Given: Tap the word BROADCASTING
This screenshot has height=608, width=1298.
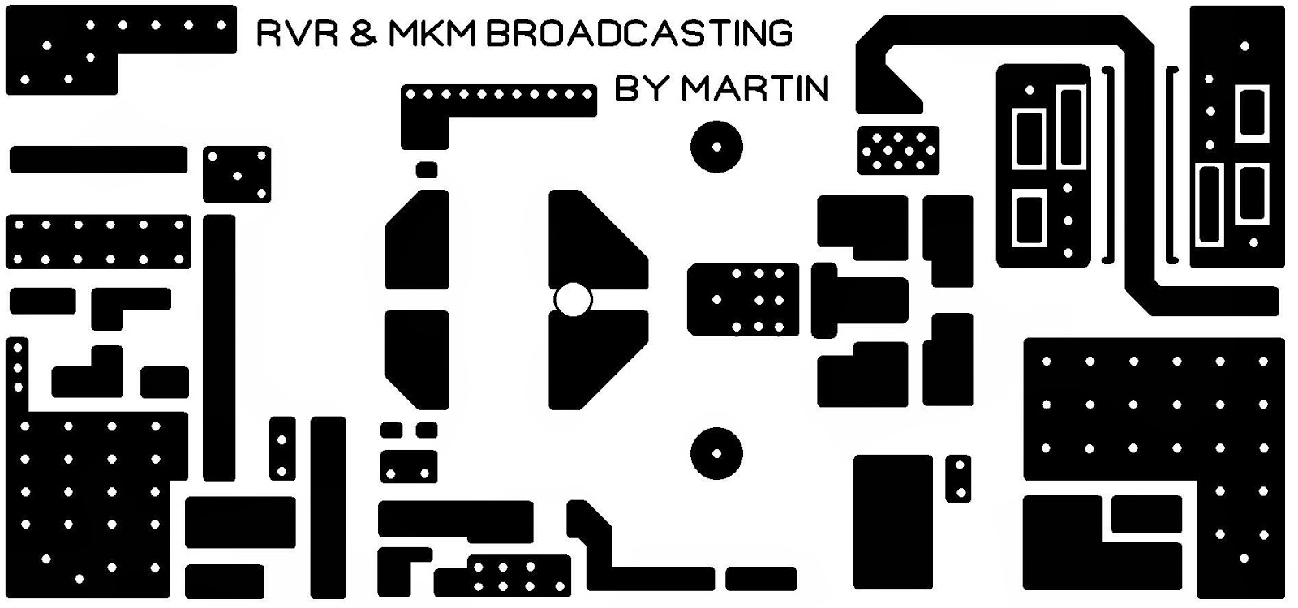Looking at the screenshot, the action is (640, 34).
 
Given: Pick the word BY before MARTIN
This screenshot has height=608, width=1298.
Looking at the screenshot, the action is (642, 88).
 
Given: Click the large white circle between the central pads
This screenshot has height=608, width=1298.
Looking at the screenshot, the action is (573, 300).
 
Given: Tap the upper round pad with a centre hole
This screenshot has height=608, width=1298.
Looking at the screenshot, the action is (716, 148).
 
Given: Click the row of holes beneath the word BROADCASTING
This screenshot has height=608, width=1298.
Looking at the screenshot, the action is (499, 96).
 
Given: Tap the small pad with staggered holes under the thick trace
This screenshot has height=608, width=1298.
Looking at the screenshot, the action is (898, 151).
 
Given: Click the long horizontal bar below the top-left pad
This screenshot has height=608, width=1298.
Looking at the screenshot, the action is (98, 160).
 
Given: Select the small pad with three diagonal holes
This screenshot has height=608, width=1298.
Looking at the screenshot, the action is (237, 174).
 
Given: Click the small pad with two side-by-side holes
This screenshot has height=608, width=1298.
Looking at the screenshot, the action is (408, 468).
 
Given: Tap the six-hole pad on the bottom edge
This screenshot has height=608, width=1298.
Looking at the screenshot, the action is (518, 576).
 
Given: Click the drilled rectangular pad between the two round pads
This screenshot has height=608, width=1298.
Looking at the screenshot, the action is (742, 300).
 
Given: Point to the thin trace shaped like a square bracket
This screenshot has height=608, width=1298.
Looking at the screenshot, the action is (1171, 165).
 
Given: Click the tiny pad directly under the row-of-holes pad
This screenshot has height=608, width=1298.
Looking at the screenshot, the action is (427, 169).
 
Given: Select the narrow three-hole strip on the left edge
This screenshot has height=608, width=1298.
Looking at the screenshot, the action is (17, 373).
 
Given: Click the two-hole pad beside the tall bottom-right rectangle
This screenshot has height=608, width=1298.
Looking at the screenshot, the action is (959, 478).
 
